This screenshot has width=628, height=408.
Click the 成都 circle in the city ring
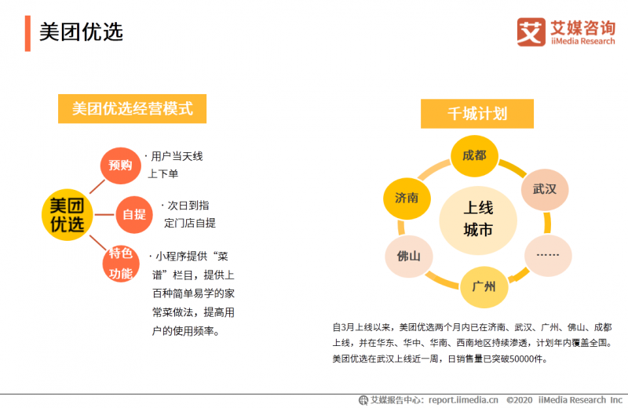coord(475,156)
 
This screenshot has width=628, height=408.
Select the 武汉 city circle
coord(545,189)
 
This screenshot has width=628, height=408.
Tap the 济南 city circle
coord(407,199)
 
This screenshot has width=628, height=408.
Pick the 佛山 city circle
coord(409,257)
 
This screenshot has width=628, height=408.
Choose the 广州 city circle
coord(484,286)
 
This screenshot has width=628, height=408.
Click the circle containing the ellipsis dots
coord(548,256)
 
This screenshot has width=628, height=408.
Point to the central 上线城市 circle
coord(478,220)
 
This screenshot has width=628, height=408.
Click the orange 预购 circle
coord(121,166)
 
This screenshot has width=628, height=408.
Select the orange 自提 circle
coord(134,215)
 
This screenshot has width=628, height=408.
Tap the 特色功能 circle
coord(121,264)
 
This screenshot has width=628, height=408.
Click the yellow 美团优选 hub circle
coord(68,215)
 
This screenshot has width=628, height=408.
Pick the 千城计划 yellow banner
coord(477,114)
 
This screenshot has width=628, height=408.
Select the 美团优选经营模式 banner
coord(132,109)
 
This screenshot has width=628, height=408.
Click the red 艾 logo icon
coord(531,31)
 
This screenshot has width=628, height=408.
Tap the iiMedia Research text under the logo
coord(582,42)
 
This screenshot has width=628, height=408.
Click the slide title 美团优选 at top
coord(81,32)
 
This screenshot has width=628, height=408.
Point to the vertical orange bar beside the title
coord(27,34)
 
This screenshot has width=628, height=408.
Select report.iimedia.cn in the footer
coord(463,400)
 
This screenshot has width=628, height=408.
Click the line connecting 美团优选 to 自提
coord(104,215)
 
